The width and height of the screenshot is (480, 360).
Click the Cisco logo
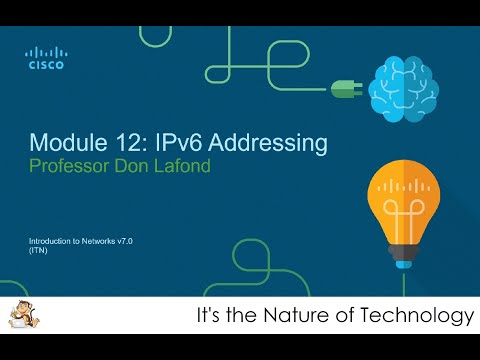pyautogui.click(x=46, y=58)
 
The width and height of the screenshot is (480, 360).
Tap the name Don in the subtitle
pyautogui.click(x=144, y=165)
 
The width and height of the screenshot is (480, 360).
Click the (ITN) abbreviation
pyautogui.click(x=39, y=251)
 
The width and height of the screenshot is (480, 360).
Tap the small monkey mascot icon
pyautogui.click(x=16, y=318)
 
